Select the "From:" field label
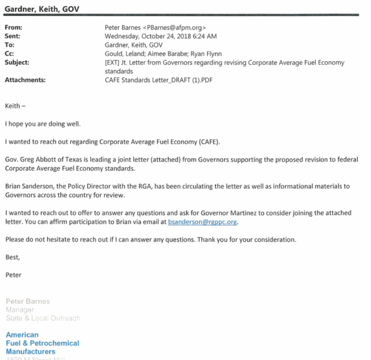click(13, 27)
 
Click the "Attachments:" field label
click(25, 80)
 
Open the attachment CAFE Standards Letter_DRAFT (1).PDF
click(159, 80)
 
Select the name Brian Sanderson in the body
click(28, 186)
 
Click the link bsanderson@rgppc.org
click(203, 222)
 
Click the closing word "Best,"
click(13, 257)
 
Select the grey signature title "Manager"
click(20, 310)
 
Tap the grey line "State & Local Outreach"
click(43, 318)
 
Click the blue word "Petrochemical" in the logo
click(55, 343)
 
